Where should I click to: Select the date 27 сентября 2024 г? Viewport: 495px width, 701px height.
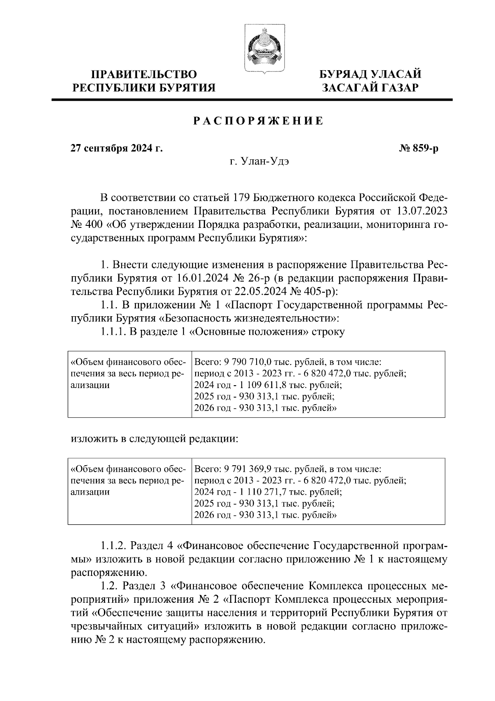point(117,148)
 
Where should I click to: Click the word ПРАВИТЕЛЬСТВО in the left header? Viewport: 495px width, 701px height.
point(144,74)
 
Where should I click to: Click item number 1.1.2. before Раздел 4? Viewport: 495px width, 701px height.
point(113,546)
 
